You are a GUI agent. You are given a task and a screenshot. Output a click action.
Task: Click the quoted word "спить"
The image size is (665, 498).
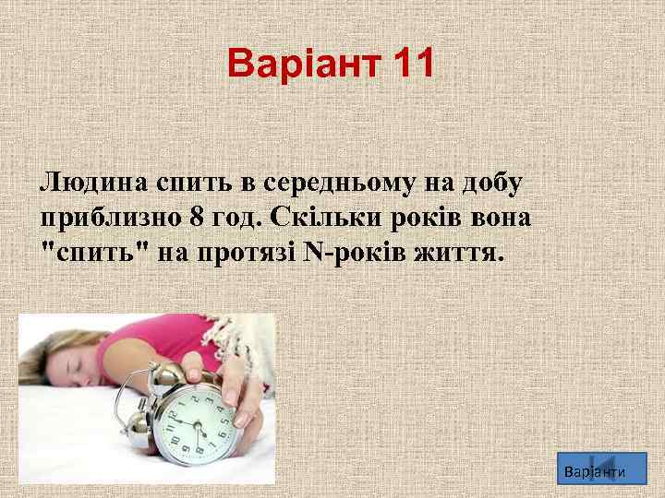pyautogui.click(x=95, y=253)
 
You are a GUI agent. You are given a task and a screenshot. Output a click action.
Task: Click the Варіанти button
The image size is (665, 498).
pyautogui.click(x=594, y=471)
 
